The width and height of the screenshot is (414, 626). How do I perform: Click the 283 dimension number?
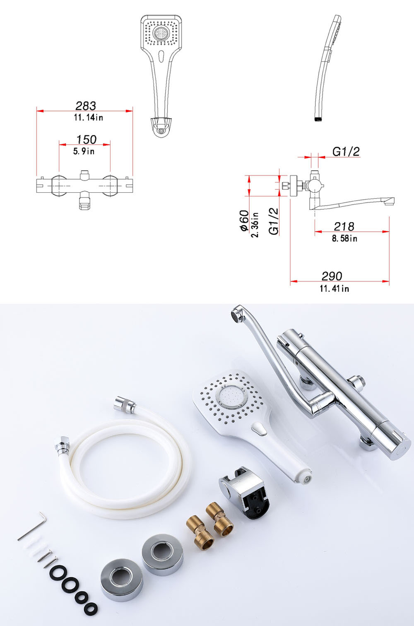tap(86, 106)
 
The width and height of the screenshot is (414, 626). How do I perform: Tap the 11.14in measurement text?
tap(89, 117)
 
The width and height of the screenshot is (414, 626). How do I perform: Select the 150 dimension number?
tap(87, 140)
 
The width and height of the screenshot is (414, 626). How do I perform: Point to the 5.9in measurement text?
tap(84, 151)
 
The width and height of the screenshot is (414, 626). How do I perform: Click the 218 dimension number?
tap(344, 226)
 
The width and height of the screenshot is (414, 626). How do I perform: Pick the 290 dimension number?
tap(332, 276)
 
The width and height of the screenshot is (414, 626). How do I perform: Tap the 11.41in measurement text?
tap(335, 288)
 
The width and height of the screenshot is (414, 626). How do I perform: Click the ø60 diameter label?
tap(244, 221)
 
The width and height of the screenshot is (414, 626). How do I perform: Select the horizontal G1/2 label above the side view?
tap(346, 152)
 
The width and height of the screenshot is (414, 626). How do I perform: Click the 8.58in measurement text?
tap(344, 238)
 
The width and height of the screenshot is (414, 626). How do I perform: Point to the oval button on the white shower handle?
tap(259, 429)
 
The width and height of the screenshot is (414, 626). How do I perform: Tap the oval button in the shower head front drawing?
tap(161, 56)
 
